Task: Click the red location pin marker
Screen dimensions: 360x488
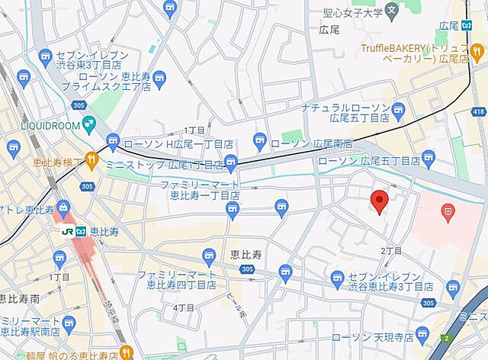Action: click(x=380, y=201)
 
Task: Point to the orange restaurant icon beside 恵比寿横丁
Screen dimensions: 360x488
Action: click(x=91, y=160)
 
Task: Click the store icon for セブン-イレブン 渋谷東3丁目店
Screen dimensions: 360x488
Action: click(x=45, y=56)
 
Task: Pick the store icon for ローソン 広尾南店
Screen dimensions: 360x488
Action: click(x=260, y=141)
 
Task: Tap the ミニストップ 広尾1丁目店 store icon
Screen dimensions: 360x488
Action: click(x=231, y=162)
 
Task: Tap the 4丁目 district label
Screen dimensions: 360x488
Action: click(x=183, y=307)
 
